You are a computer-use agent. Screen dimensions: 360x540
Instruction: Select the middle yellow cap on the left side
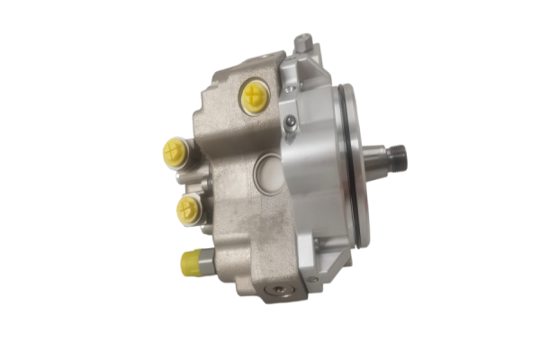(x=186, y=210)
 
